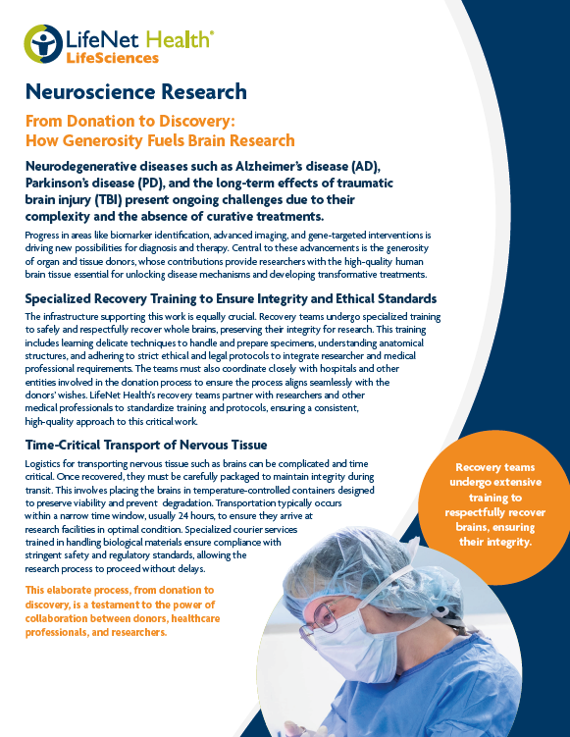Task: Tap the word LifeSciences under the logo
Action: point(113,58)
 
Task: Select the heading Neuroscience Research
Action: point(136,92)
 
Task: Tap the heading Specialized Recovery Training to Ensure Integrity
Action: point(232,298)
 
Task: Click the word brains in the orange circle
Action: point(481,526)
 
